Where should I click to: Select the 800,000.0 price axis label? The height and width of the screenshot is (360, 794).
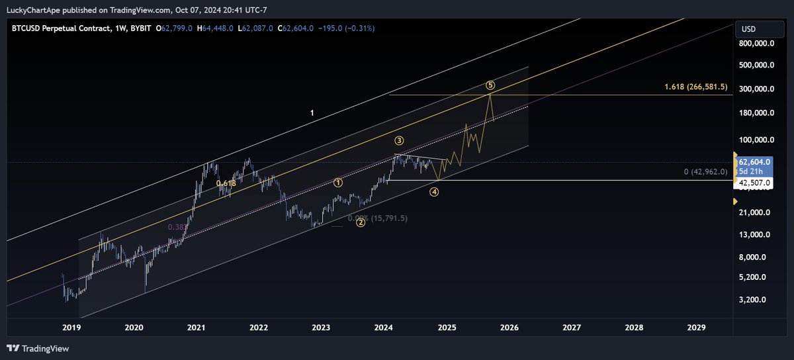756,44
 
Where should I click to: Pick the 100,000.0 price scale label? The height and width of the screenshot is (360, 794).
756,140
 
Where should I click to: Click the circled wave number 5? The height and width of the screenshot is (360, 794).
490,85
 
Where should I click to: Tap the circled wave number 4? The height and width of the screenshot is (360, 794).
434,192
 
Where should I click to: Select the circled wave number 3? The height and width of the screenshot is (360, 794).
399,140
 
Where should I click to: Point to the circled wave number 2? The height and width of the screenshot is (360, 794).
361,222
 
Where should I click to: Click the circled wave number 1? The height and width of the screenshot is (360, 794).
338,183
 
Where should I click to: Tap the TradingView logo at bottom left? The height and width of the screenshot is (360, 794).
38,349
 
